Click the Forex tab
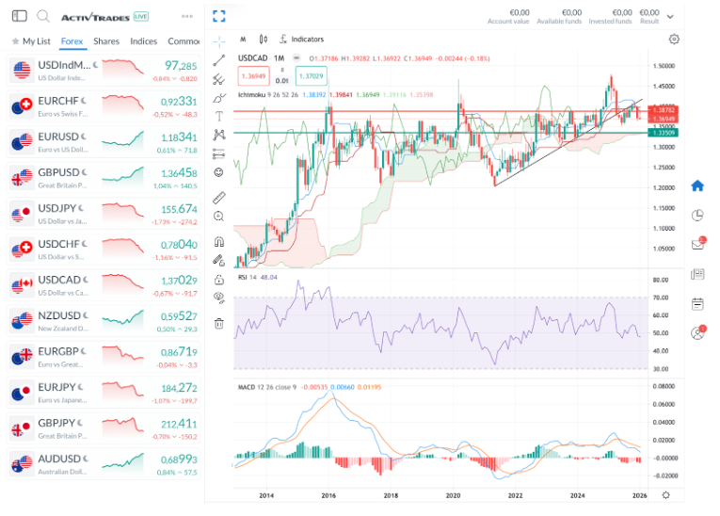[x=72, y=41]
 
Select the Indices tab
[x=143, y=41]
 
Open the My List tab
[x=31, y=41]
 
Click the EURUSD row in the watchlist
[x=104, y=142]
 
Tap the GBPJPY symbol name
[x=58, y=425]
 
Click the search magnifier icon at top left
[x=43, y=16]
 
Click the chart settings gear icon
[x=674, y=40]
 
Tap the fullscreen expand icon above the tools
[x=218, y=16]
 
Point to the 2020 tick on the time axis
[x=453, y=495]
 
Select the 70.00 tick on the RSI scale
[x=660, y=298]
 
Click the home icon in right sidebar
[x=697, y=185]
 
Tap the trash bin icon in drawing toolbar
[x=218, y=324]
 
